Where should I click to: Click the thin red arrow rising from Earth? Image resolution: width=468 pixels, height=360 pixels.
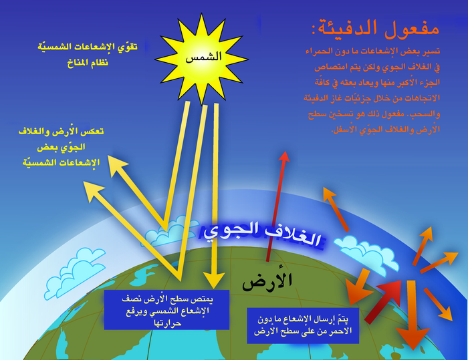coord(276,207)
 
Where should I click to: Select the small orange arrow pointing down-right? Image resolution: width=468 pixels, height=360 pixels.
coord(438,303)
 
